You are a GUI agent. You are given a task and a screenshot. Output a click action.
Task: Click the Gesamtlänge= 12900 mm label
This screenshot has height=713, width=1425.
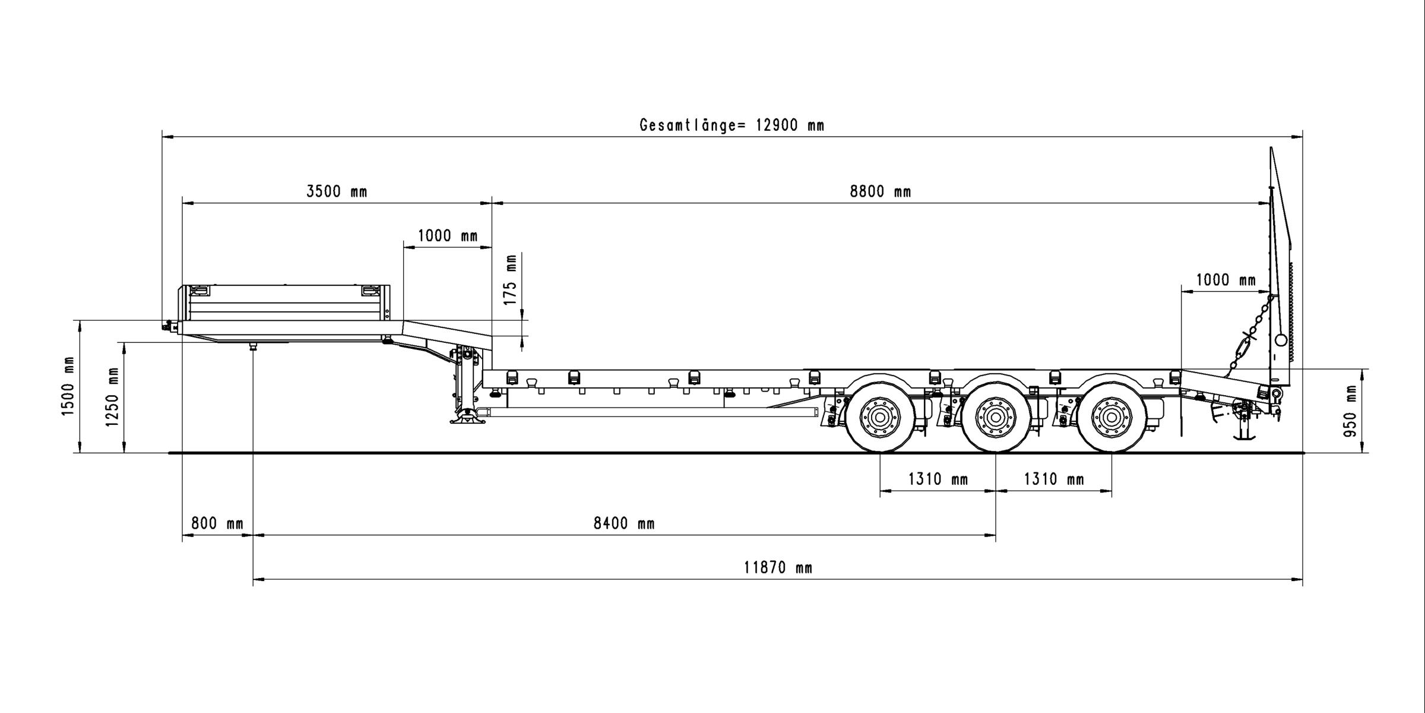pyautogui.click(x=732, y=125)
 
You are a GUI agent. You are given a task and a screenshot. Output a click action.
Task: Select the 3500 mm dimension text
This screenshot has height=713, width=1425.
pyautogui.click(x=337, y=191)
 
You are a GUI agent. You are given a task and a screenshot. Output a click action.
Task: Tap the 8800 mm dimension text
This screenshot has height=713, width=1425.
pyautogui.click(x=881, y=191)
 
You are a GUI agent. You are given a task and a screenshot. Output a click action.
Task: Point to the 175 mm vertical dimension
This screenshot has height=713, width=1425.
pyautogui.click(x=511, y=279)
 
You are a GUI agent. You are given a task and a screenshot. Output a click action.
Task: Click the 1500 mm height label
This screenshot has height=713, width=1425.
pyautogui.click(x=68, y=386)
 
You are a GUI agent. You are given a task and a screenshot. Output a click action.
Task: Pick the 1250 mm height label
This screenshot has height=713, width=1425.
pyautogui.click(x=112, y=397)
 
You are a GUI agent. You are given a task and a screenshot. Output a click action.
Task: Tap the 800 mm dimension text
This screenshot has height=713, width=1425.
pyautogui.click(x=217, y=523)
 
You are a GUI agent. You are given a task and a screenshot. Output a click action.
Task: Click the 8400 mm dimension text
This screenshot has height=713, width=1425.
pyautogui.click(x=624, y=523)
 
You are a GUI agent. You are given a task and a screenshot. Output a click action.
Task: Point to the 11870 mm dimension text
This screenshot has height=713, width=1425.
pyautogui.click(x=778, y=568)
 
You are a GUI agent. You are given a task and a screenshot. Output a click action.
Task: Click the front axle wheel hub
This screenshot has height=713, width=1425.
pyautogui.click(x=880, y=417)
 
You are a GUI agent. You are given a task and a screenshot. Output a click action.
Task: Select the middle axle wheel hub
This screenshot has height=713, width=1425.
pyautogui.click(x=996, y=417)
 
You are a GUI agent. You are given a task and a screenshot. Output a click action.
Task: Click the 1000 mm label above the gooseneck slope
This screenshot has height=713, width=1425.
pyautogui.click(x=448, y=236)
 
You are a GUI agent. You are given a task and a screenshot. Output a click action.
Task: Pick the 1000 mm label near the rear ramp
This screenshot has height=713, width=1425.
pyautogui.click(x=1226, y=280)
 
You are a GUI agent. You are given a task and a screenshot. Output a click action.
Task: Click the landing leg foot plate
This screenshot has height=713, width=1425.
pyautogui.click(x=467, y=420)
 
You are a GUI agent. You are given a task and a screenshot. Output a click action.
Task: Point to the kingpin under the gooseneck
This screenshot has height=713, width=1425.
pyautogui.click(x=254, y=346)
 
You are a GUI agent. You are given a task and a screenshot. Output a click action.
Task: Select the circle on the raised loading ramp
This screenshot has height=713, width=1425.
pyautogui.click(x=1281, y=340)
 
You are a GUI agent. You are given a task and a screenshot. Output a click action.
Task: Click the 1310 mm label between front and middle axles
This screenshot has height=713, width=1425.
pyautogui.click(x=938, y=479)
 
